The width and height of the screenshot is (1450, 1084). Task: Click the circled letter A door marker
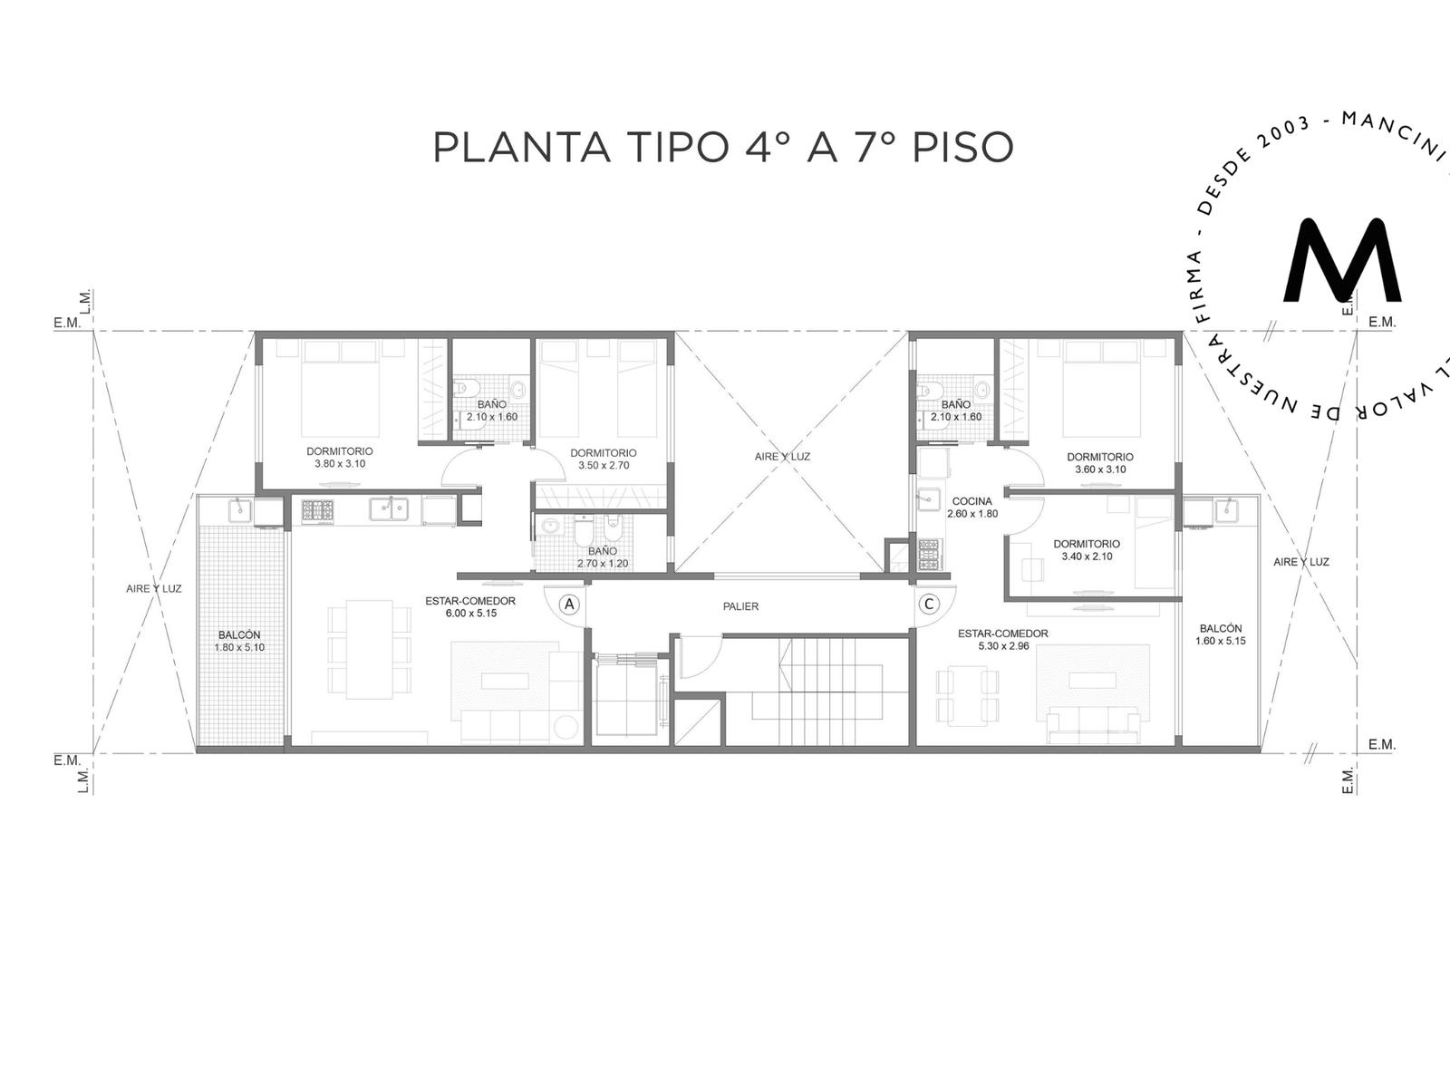click(x=569, y=604)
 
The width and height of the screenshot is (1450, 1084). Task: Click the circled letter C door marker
click(x=930, y=604)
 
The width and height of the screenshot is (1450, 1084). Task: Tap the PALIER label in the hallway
click(x=740, y=606)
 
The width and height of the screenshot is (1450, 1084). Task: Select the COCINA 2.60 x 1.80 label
click(x=972, y=508)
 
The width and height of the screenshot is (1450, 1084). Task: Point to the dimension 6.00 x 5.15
click(x=471, y=614)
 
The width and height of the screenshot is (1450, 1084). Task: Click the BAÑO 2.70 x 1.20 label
click(x=603, y=557)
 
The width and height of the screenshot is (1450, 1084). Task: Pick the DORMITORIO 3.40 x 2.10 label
click(x=1087, y=550)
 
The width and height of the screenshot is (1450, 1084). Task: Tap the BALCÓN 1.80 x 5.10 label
click(x=239, y=642)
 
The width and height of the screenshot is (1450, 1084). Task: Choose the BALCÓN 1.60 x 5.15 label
click(x=1221, y=634)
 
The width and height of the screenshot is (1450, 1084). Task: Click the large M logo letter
click(x=1341, y=260)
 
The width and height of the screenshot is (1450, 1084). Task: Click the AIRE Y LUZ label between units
click(x=782, y=457)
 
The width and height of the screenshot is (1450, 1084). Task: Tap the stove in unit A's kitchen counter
click(x=318, y=510)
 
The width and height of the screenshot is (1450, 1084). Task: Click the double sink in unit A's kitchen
click(x=389, y=508)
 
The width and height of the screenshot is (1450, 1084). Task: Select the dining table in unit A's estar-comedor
click(x=369, y=649)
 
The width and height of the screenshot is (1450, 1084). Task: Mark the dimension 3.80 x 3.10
click(x=340, y=464)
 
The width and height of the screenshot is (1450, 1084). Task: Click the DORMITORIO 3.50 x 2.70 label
click(x=604, y=460)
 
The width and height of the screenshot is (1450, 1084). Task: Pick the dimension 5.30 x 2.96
click(x=1003, y=646)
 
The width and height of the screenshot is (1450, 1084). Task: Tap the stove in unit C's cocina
click(x=929, y=555)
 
